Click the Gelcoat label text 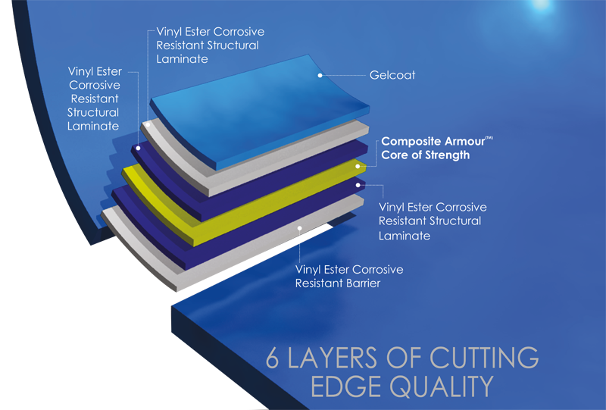(393, 76)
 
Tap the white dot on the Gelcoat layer (321, 76)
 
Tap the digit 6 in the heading (275, 358)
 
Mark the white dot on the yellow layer (355, 162)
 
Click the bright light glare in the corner (542, 4)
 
